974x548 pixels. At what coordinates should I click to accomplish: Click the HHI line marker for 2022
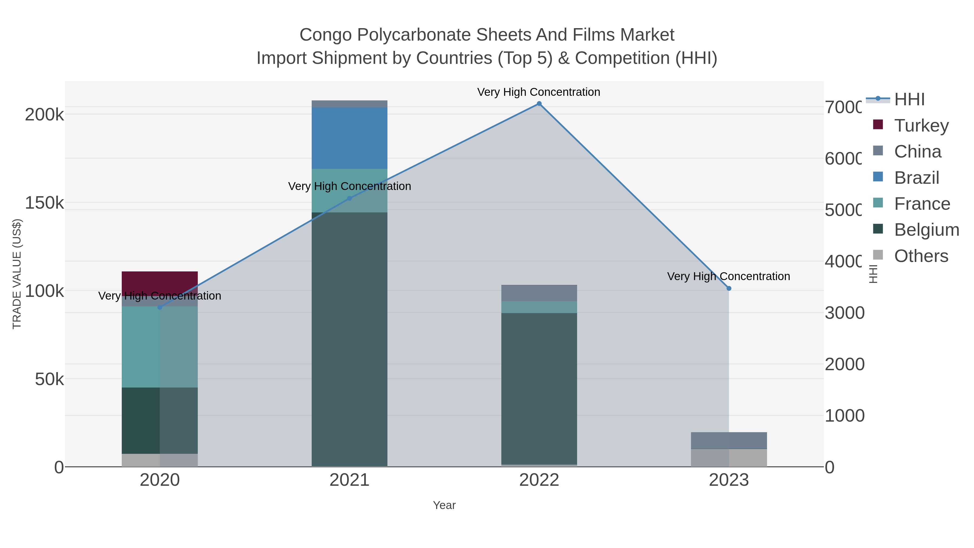coord(539,104)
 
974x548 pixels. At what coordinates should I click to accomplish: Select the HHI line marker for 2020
coord(160,307)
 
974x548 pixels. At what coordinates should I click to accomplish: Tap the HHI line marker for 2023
coord(729,288)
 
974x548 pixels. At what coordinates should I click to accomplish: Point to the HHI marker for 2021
coord(349,198)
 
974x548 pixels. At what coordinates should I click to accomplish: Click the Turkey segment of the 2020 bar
coord(160,282)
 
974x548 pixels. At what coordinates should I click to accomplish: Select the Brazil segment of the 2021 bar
coord(349,138)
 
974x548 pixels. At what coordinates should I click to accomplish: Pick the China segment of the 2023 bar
coord(729,441)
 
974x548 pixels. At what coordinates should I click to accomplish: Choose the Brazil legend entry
coord(917,178)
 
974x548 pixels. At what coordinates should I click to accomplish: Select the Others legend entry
coord(921,256)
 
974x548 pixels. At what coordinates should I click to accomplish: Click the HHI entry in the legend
coord(909,100)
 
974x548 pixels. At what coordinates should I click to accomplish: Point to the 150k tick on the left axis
coord(45,203)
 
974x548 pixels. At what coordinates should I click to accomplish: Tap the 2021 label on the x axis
coord(349,480)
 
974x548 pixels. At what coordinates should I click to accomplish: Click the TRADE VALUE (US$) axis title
coord(17,274)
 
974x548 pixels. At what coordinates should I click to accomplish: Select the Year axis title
coord(444,505)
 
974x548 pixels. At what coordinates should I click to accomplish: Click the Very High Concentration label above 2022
coord(538,92)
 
